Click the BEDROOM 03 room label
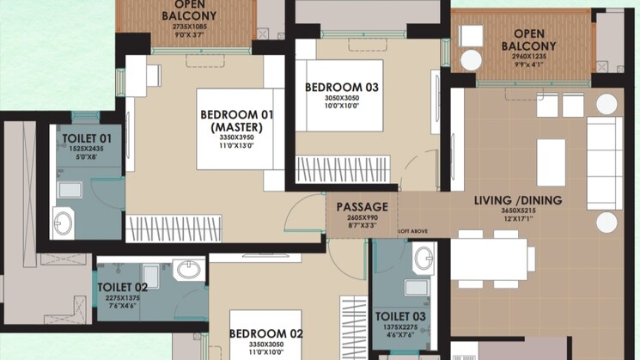(x=342, y=88)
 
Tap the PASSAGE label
(x=362, y=207)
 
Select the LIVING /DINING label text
(x=518, y=200)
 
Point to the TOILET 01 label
(x=87, y=139)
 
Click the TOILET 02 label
(x=123, y=288)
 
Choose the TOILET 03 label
(x=400, y=316)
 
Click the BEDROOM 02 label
(x=266, y=334)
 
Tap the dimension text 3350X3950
(x=237, y=137)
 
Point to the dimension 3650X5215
(x=518, y=211)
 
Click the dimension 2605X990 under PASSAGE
(x=363, y=217)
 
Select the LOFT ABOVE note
(x=413, y=231)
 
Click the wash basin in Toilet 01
(x=64, y=223)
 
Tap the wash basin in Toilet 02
(x=189, y=270)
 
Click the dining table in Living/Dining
(x=489, y=259)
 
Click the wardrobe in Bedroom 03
(x=343, y=169)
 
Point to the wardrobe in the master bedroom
(x=174, y=229)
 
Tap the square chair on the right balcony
(x=472, y=36)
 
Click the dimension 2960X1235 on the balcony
(x=529, y=57)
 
